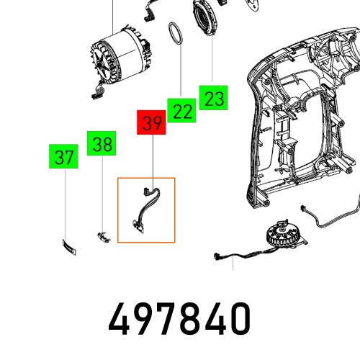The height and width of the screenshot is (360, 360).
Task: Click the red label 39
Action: [152, 123]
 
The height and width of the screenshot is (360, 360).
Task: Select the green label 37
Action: [65, 157]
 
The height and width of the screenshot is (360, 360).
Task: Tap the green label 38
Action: [102, 143]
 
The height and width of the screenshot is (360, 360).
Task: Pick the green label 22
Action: [183, 110]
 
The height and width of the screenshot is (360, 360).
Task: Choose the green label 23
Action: [214, 98]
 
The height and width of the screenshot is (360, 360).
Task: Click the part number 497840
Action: [180, 318]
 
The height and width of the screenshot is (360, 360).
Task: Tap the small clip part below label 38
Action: [102, 235]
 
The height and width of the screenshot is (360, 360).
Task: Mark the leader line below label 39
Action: [153, 158]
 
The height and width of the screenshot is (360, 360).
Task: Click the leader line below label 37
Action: [66, 202]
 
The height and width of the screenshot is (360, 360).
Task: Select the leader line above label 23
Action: [213, 61]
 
